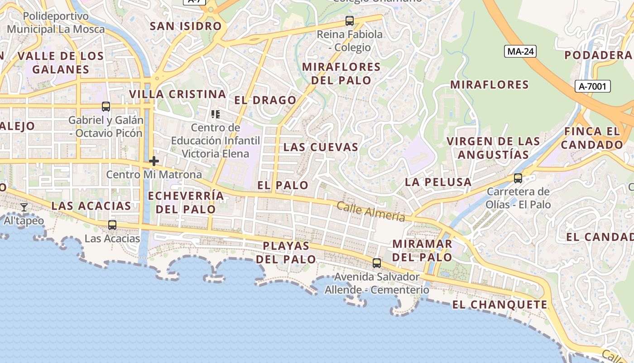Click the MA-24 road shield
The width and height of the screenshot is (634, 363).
pos(520,51)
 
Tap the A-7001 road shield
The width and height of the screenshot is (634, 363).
pos(593,86)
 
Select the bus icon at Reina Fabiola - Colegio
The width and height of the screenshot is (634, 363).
pos(349,20)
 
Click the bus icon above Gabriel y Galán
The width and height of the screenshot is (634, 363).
pos(106,107)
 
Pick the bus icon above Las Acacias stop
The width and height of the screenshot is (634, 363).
pos(112,225)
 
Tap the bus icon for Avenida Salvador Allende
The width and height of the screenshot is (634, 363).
pos(376,263)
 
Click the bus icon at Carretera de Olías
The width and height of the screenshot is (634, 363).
pos(518,178)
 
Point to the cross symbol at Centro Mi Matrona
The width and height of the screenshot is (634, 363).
pos(154,161)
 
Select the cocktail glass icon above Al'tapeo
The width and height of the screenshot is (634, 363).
pos(24,207)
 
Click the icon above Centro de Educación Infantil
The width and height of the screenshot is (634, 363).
pos(216,114)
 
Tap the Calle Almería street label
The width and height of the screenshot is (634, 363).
pos(370,211)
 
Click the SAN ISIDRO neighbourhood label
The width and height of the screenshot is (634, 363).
pos(186,26)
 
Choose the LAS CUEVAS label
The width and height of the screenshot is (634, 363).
pos(321,147)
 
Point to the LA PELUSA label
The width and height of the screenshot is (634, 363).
pos(438,182)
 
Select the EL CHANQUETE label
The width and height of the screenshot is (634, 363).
pos(500,304)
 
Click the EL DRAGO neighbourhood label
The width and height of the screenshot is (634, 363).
pos(265,100)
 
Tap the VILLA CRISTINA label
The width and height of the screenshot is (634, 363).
pos(178,94)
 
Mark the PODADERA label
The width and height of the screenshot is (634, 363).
pos(598,55)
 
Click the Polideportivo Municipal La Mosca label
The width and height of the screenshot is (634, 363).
pos(56,23)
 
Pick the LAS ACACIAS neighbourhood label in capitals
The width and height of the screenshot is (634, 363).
pos(91,206)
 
